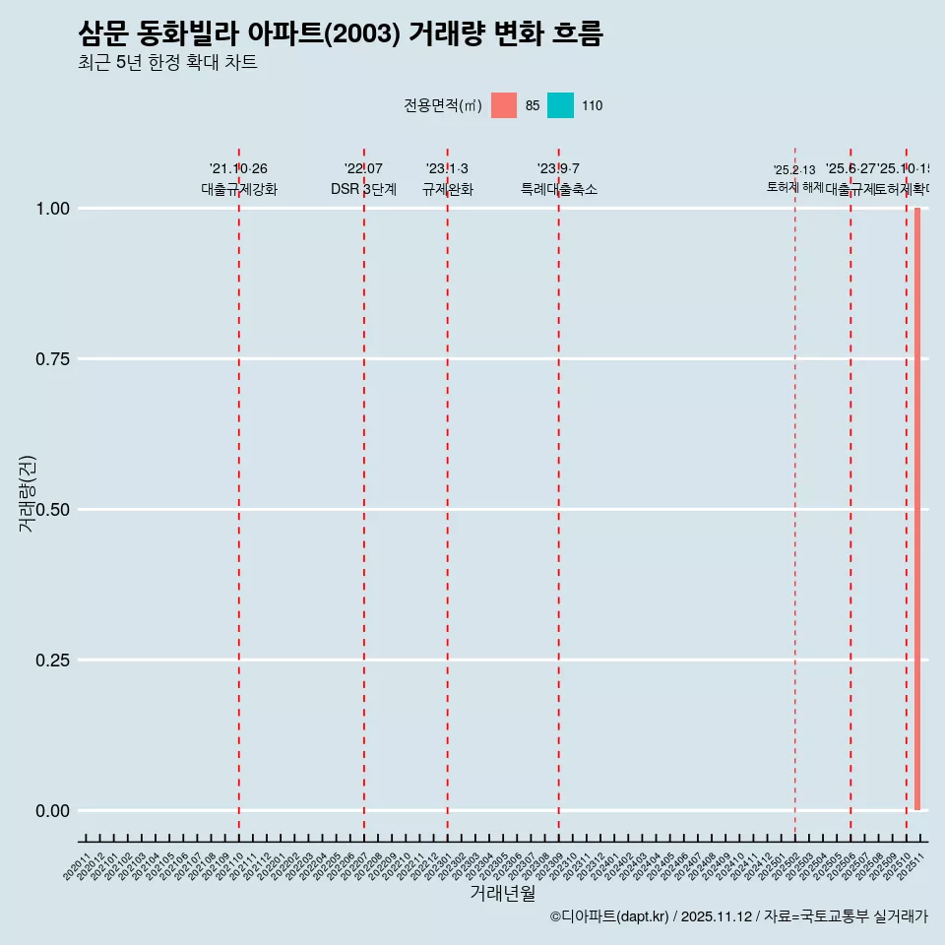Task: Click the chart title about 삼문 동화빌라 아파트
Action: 340,34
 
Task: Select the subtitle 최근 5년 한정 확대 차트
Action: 167,63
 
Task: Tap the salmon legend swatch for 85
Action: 504,105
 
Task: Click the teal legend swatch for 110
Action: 560,105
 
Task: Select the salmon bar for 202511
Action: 917,509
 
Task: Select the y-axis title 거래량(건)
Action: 27,494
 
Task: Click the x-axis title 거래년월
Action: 502,894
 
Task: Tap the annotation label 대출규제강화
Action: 239,189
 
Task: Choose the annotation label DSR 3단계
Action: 363,189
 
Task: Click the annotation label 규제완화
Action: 448,189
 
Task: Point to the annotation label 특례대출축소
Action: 559,189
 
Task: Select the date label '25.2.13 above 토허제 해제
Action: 794,170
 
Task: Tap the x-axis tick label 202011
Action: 79,866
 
